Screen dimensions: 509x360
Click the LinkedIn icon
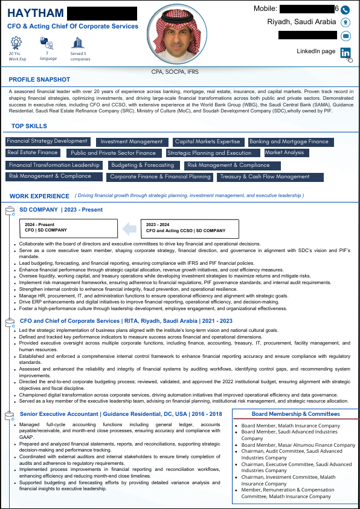pyautogui.click(x=346, y=53)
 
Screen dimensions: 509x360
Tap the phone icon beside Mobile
pyautogui.click(x=346, y=10)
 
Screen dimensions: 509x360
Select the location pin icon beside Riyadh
pyautogui.click(x=346, y=22)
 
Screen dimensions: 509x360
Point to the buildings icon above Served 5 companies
pyautogui.click(x=77, y=42)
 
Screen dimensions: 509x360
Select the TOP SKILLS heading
pyautogui.click(x=29, y=126)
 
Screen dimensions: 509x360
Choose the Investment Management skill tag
pyautogui.click(x=131, y=142)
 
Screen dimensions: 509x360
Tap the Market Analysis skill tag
pyautogui.click(x=284, y=153)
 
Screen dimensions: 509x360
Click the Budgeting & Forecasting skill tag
pyautogui.click(x=143, y=165)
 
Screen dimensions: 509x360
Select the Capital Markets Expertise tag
pyautogui.click(x=207, y=142)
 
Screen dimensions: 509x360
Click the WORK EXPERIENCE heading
pyautogui.click(x=39, y=196)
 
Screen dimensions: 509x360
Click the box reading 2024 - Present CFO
pyautogui.click(x=68, y=227)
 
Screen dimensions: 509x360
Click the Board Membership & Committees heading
pyautogui.click(x=295, y=414)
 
